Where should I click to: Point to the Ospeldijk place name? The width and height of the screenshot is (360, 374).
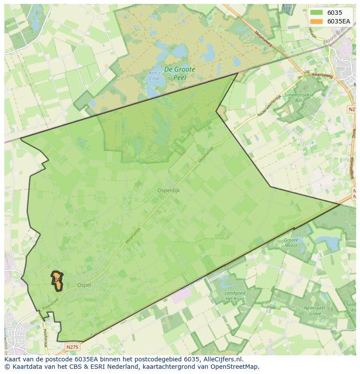(168, 190)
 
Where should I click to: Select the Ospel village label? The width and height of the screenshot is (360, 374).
(84, 285)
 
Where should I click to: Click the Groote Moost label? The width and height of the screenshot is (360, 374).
(291, 243)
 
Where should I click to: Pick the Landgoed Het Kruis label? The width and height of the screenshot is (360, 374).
(235, 296)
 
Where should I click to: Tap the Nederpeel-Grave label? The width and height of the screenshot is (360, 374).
(312, 311)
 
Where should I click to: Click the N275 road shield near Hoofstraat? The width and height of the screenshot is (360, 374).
(72, 347)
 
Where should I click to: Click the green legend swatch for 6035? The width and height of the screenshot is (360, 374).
(317, 13)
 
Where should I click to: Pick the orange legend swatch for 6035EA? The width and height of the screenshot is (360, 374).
(317, 21)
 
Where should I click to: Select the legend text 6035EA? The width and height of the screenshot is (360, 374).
(339, 21)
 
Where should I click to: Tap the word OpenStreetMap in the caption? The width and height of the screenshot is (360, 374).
(237, 367)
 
